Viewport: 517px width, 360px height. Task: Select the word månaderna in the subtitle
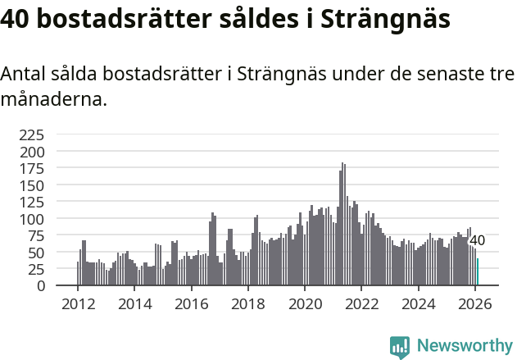point(52,100)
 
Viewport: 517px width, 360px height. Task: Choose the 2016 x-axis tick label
point(191,303)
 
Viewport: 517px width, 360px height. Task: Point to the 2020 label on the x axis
point(305,303)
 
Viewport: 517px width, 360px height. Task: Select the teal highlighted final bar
point(478,272)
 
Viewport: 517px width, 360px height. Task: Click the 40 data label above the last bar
point(477,240)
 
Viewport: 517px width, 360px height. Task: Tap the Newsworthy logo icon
point(400,347)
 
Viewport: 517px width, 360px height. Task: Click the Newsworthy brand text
point(465,346)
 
